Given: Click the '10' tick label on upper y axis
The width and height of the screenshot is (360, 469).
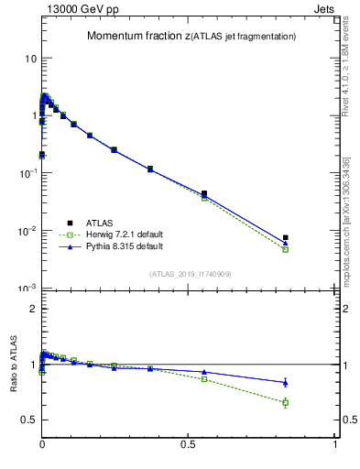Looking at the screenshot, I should (x=30, y=58).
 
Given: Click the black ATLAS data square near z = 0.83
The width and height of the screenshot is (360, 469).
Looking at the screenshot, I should (x=286, y=238).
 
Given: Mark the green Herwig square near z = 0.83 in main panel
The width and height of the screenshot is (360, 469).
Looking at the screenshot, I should (x=286, y=249).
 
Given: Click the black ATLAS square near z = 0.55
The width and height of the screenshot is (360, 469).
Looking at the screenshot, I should (x=204, y=194).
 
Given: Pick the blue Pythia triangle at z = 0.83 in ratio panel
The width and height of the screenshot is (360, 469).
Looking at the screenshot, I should (x=286, y=382).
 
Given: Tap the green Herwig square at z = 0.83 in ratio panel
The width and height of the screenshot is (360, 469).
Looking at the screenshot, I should (x=286, y=402).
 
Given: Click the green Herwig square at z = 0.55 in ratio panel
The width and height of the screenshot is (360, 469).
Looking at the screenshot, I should (x=204, y=378).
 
